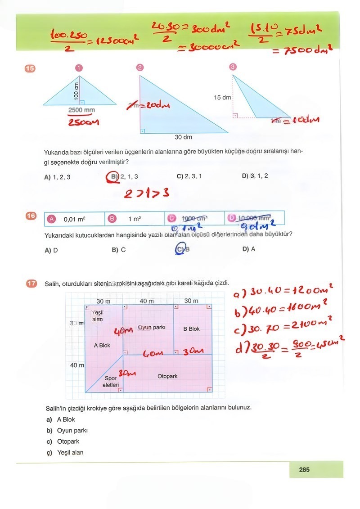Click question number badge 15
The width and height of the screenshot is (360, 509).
pyautogui.click(x=30, y=68)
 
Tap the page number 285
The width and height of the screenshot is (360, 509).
pyautogui.click(x=304, y=470)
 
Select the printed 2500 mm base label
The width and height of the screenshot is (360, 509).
pyautogui.click(x=81, y=110)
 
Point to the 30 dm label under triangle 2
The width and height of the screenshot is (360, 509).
pyautogui.click(x=184, y=137)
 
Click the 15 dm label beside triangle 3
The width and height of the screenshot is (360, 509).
pyautogui.click(x=222, y=97)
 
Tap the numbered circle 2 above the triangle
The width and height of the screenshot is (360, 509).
pyautogui.click(x=139, y=68)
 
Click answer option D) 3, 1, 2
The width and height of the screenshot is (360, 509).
pyautogui.click(x=255, y=176)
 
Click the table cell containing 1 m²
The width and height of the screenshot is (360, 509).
pyautogui.click(x=135, y=219)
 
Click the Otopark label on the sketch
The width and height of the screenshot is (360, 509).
pyautogui.click(x=167, y=376)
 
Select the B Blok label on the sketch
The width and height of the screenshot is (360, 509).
pyautogui.click(x=191, y=329)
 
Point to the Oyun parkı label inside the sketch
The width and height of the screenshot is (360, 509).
pyautogui.click(x=152, y=327)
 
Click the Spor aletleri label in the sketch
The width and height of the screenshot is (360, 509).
pyautogui.click(x=111, y=382)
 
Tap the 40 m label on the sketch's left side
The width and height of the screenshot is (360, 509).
pyautogui.click(x=76, y=365)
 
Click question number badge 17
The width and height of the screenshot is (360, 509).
pyautogui.click(x=31, y=284)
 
